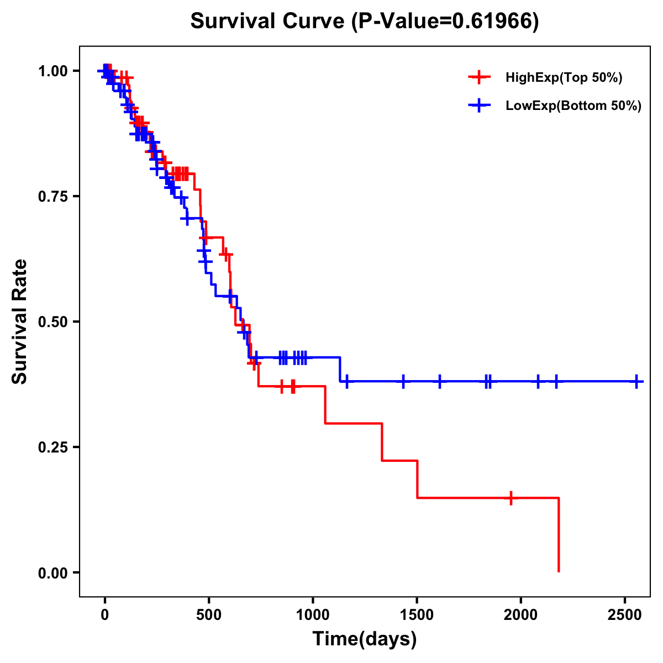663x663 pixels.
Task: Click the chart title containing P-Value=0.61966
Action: point(365,21)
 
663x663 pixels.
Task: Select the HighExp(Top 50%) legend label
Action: point(564,77)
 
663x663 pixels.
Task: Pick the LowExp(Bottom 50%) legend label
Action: point(573,106)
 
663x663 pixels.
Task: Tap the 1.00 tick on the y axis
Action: point(52,71)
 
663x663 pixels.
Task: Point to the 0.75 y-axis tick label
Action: point(52,196)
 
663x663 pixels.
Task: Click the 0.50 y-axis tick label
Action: point(52,322)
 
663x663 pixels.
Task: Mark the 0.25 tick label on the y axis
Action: point(52,447)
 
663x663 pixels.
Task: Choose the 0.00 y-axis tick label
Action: point(52,572)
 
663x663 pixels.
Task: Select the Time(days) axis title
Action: point(365,639)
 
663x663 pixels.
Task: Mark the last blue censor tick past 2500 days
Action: point(636,381)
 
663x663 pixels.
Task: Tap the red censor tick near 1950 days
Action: point(511,498)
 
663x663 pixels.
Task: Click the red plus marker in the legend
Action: point(479,77)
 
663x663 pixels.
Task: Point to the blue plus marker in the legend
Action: point(479,106)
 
